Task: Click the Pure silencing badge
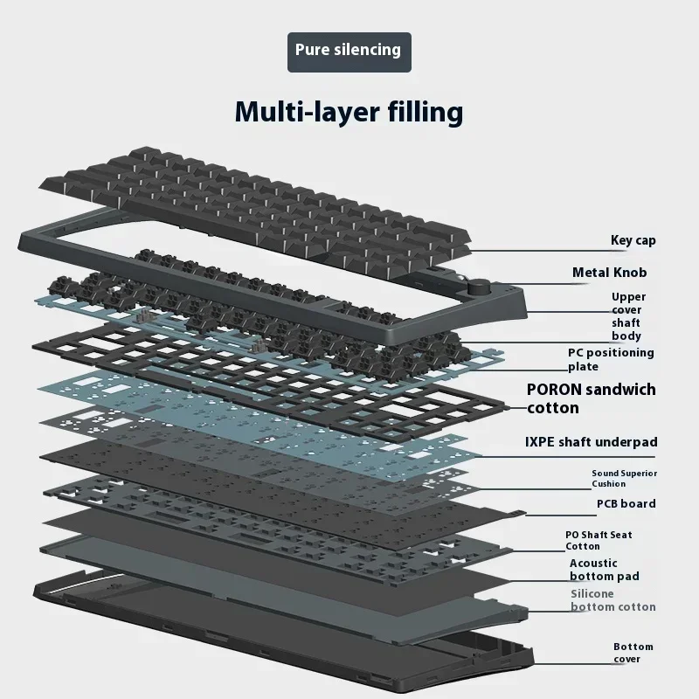(x=349, y=50)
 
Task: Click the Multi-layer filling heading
(x=349, y=112)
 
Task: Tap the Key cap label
(x=633, y=240)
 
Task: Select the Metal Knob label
(x=609, y=273)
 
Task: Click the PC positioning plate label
(x=610, y=359)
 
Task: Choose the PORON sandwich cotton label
(x=591, y=398)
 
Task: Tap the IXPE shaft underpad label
(x=591, y=442)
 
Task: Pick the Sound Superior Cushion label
(x=624, y=478)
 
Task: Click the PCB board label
(x=626, y=503)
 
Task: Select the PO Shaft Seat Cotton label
(x=598, y=540)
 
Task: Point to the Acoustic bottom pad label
(x=604, y=570)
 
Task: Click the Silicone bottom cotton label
(x=612, y=600)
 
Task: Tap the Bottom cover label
(x=633, y=653)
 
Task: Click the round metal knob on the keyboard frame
(x=479, y=286)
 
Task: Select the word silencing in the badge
(x=368, y=50)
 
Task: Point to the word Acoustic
(x=593, y=563)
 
